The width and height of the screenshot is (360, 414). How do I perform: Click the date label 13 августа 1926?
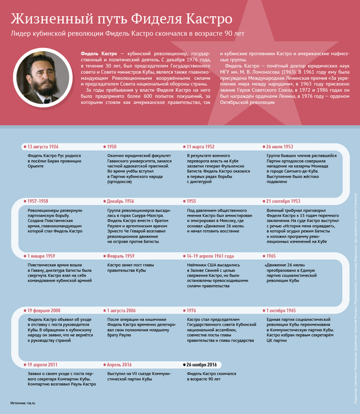43,146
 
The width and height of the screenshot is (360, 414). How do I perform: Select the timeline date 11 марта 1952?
201,146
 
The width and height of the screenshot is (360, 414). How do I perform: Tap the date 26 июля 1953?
280,146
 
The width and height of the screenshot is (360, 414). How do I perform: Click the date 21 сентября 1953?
283,201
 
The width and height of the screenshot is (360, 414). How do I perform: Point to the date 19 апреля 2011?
43,364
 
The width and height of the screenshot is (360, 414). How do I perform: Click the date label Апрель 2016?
119,364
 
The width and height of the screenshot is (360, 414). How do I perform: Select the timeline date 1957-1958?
38,201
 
